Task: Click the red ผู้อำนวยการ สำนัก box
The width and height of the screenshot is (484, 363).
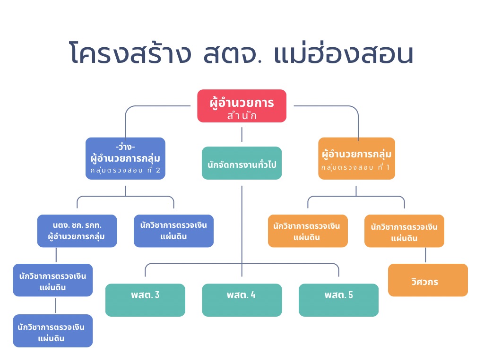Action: click(x=242, y=106)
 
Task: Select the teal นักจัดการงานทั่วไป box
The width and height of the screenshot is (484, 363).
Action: click(x=242, y=163)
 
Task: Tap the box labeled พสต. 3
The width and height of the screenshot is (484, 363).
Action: click(x=145, y=300)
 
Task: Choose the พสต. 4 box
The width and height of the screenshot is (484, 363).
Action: click(x=242, y=300)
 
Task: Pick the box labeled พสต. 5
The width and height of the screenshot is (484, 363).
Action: click(x=338, y=300)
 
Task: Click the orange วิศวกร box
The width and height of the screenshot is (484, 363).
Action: click(x=428, y=280)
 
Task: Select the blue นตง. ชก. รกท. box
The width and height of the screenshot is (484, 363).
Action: click(x=77, y=231)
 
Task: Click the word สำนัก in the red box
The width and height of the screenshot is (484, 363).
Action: click(x=242, y=116)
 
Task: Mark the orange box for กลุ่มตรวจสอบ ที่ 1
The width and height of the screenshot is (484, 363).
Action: click(x=356, y=158)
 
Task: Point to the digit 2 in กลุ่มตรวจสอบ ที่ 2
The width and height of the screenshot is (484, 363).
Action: click(x=159, y=170)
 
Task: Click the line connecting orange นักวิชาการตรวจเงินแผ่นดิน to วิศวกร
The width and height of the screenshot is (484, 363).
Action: click(x=425, y=255)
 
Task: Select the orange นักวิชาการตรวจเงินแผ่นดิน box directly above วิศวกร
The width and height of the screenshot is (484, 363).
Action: click(x=404, y=231)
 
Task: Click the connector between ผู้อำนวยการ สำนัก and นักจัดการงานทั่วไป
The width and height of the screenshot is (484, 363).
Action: click(x=242, y=135)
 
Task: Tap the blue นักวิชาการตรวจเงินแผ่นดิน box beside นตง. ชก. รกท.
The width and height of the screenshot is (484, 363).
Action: click(x=173, y=231)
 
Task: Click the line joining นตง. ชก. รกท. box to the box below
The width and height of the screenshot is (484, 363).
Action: click(x=56, y=255)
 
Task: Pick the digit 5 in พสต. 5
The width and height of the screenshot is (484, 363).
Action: click(x=350, y=295)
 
